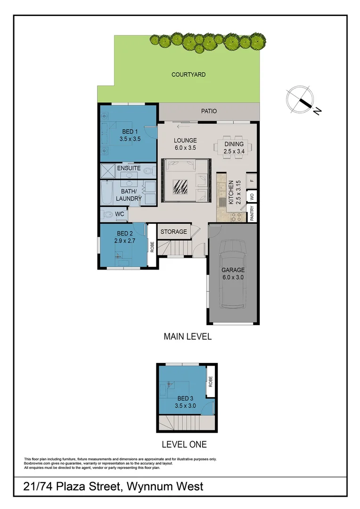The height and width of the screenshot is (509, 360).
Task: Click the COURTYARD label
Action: point(188,74)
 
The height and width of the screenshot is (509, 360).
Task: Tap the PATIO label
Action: point(209,112)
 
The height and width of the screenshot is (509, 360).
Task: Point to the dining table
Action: point(234,147)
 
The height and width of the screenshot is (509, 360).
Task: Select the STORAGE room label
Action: point(174,232)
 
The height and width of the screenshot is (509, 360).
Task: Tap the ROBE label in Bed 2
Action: point(152,246)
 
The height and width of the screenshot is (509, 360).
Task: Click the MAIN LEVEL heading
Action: point(187,337)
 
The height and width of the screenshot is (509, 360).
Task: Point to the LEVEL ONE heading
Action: point(184,444)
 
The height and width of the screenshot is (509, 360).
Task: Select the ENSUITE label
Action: point(129,168)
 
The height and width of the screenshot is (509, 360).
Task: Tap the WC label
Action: point(120,213)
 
